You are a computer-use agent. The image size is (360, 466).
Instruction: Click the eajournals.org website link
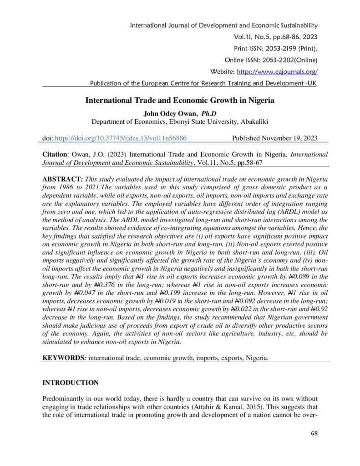coord(276,71)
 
